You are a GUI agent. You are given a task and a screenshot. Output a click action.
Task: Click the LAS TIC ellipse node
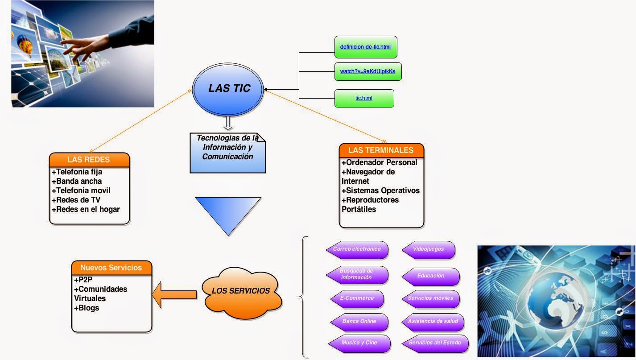tap(228, 88)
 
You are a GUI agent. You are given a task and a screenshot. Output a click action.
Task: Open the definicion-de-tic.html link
tap(366, 47)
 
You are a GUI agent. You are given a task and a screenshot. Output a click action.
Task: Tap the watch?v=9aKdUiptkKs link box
tap(368, 71)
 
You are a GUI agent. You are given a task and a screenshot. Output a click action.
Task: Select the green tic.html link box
tap(364, 98)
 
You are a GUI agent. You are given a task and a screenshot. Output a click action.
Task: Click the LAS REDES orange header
tap(89, 160)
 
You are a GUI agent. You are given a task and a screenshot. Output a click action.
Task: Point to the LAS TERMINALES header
tap(381, 150)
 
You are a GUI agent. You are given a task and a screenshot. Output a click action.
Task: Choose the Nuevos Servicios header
tap(111, 268)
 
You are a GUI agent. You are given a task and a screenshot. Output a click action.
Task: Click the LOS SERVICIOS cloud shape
tap(241, 291)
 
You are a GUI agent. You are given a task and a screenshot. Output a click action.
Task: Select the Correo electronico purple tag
tap(357, 249)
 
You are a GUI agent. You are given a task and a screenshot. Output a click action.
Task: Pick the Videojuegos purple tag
tap(429, 249)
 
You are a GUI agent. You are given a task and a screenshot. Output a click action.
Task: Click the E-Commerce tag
tap(357, 298)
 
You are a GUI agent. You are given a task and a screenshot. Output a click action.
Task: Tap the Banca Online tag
tap(359, 322)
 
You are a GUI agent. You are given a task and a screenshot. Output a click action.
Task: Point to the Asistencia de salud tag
tap(433, 322)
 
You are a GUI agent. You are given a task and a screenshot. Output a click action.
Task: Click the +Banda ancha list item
tap(77, 181)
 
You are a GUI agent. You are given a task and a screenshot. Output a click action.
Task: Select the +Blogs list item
tap(87, 308)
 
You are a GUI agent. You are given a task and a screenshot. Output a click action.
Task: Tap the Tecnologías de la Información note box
tap(227, 152)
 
